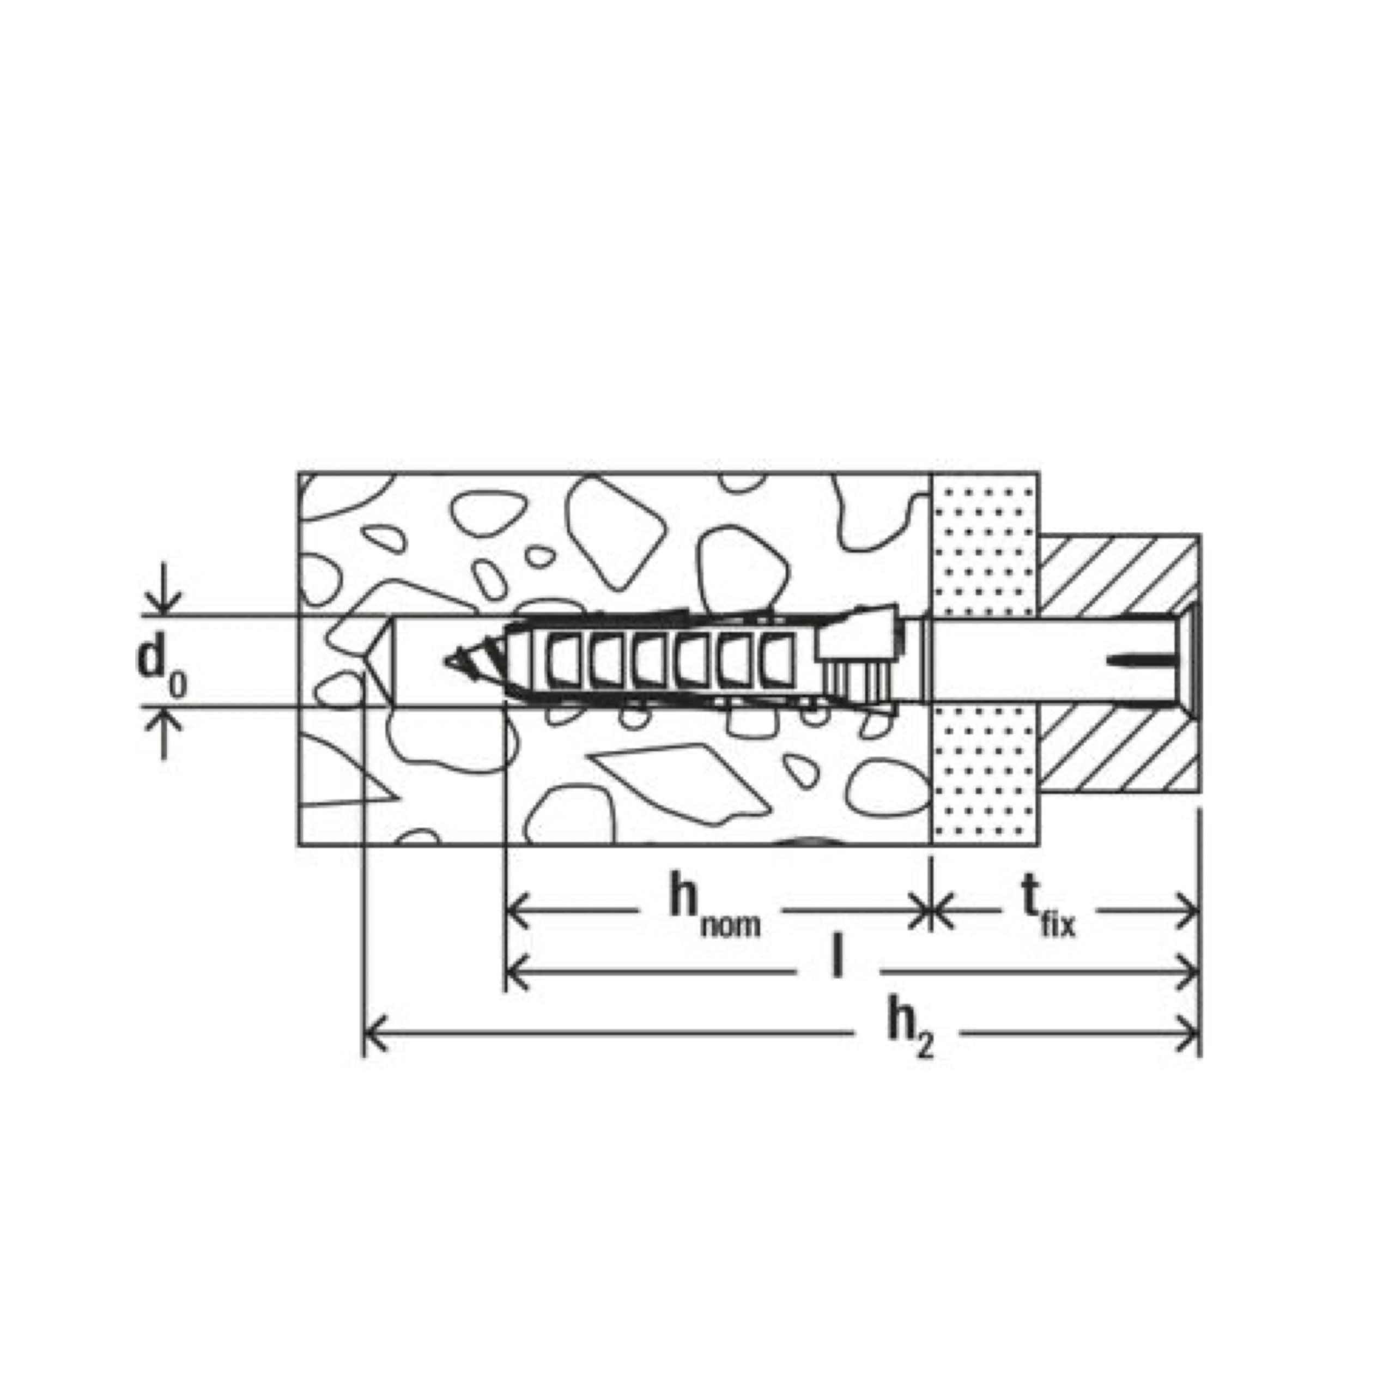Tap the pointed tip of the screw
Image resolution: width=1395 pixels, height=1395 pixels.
[x=446, y=660]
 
